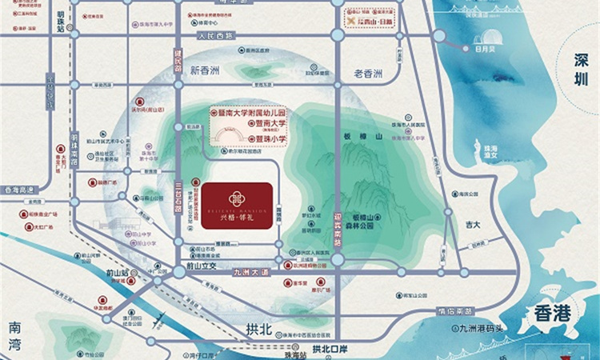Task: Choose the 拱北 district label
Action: [x=260, y=328]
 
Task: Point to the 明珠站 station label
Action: [x=62, y=22]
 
